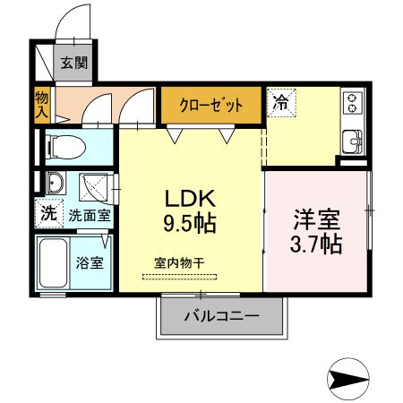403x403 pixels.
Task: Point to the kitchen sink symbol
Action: pos(353,141)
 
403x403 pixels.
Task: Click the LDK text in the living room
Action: pos(186,197)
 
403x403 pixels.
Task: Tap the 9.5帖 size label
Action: pos(188,221)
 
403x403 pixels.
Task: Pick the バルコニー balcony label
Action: pos(222,315)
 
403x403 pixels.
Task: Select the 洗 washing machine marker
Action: pos(47,213)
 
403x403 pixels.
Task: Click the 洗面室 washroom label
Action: pos(90,215)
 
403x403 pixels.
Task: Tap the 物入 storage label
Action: pos(42,106)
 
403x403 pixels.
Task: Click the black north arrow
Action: pos(348,379)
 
